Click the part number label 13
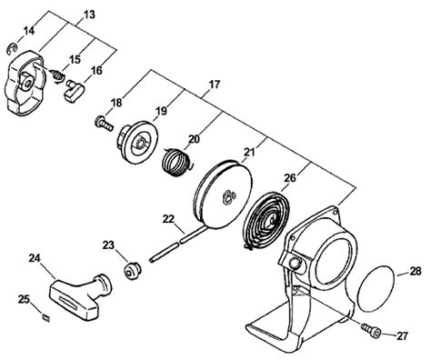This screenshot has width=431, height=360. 88,15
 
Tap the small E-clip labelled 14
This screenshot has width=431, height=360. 12,49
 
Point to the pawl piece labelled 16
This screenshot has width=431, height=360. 75,91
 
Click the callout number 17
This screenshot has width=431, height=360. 214,85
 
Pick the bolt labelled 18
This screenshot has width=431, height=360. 104,124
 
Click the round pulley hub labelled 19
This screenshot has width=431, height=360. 137,143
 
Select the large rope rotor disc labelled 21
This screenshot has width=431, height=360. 223,195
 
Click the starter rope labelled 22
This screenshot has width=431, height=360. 177,243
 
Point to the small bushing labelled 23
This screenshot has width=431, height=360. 132,272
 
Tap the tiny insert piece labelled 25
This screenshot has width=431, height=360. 46,317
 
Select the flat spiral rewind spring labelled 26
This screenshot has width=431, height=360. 267,222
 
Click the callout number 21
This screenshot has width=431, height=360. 250,153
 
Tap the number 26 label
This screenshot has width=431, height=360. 289,178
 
